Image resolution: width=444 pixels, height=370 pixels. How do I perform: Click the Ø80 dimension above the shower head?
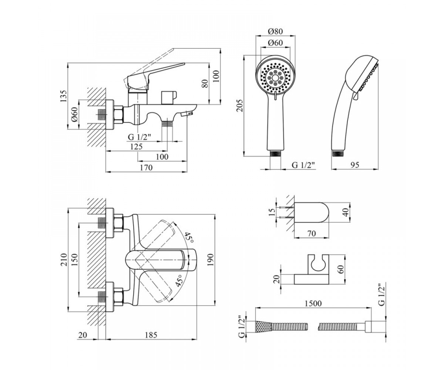(275, 32)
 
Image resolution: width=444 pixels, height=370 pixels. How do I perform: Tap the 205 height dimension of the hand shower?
(239, 105)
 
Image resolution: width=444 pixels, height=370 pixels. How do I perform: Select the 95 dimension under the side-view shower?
(355, 165)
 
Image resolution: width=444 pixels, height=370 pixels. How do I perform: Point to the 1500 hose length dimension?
(313, 303)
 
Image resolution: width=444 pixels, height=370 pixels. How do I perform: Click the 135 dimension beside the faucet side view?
(63, 96)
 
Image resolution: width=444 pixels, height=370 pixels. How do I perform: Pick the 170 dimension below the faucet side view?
(146, 168)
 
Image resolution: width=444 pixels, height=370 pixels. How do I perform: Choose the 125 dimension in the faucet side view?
(136, 147)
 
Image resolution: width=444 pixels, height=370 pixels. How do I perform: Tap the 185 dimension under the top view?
(151, 341)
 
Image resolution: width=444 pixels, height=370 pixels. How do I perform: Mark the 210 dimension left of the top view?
(63, 259)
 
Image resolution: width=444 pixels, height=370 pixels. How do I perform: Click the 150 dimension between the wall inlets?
(74, 259)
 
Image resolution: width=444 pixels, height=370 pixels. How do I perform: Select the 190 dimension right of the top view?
(210, 259)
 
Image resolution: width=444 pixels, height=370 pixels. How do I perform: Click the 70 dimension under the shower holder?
(312, 233)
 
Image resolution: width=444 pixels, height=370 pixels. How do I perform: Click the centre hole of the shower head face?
(276, 78)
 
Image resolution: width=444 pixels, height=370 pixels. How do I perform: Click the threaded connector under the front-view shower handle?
(276, 154)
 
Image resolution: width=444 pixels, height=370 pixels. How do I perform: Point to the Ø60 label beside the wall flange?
(74, 115)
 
